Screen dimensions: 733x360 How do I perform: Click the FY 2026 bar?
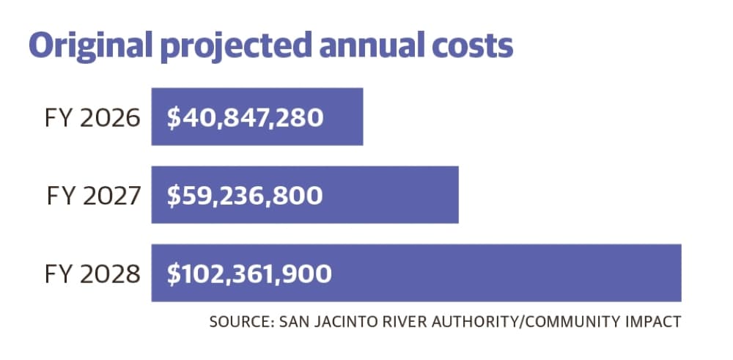(x=257, y=117)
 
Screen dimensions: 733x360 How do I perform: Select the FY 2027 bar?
(x=305, y=194)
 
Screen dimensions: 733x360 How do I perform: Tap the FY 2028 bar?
(x=416, y=273)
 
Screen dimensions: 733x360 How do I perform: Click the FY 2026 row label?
(x=92, y=118)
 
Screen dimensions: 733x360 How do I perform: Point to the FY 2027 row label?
(x=94, y=196)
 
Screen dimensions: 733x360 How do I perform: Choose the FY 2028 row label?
(x=92, y=274)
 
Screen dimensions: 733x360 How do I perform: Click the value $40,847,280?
(x=245, y=118)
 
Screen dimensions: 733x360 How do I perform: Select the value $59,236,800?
(x=245, y=196)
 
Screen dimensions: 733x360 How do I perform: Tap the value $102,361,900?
(x=249, y=274)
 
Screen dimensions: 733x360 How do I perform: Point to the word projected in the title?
(x=236, y=45)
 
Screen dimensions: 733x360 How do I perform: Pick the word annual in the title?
(x=372, y=45)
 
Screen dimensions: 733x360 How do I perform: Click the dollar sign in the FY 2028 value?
(x=174, y=274)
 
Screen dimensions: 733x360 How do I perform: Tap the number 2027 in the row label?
(x=111, y=196)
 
